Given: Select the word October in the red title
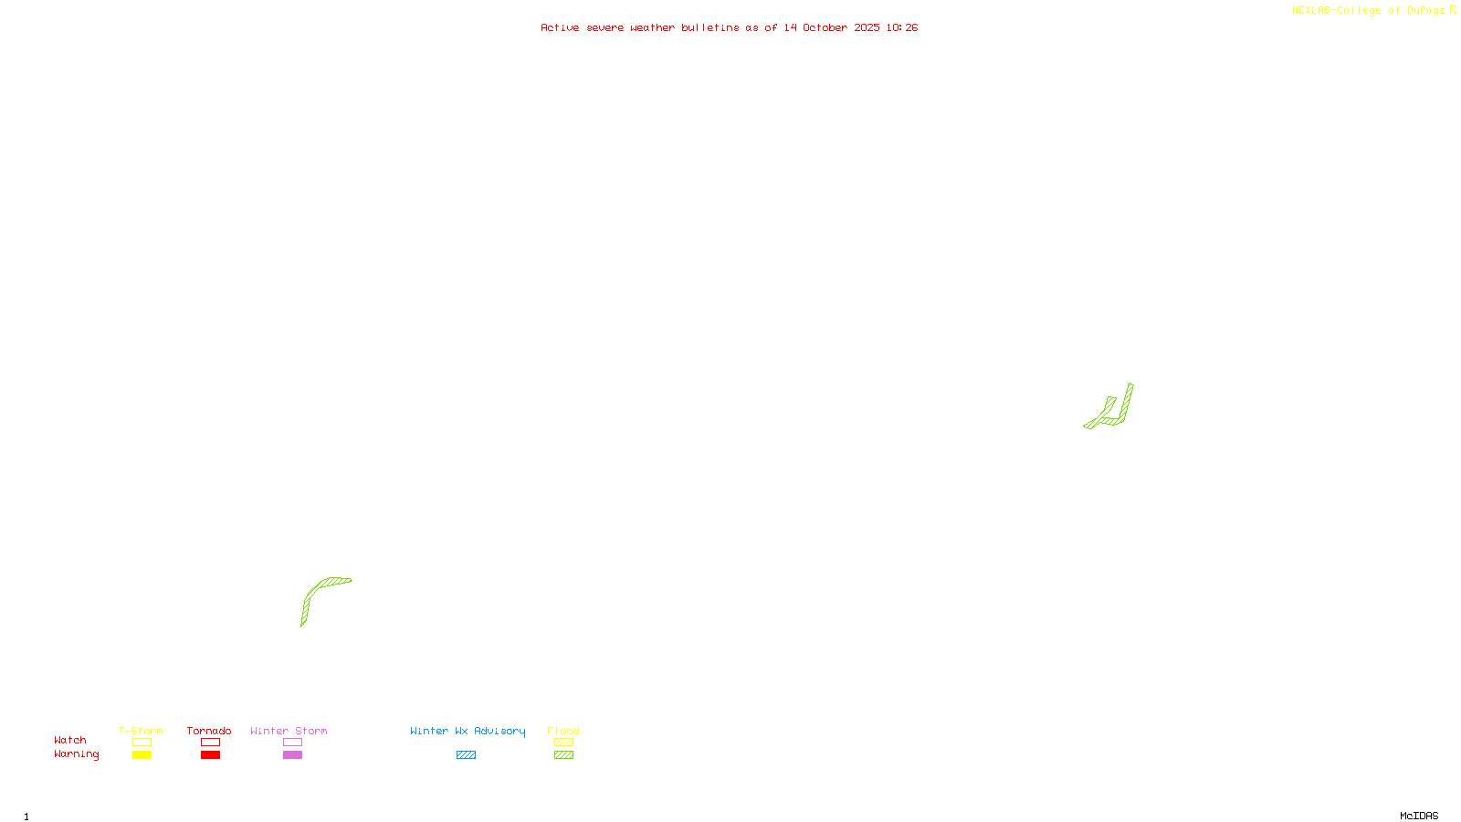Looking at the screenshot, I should (825, 28).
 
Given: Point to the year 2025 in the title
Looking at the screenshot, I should (867, 28).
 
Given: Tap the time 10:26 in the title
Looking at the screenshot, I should (901, 28).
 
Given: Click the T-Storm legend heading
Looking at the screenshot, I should (141, 731).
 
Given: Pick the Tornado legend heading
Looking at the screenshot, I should (209, 731).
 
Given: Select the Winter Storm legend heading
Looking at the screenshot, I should (289, 731).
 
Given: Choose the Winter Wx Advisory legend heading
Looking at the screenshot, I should (468, 731).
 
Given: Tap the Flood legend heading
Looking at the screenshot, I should (563, 731).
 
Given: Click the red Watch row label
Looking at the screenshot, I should (70, 741).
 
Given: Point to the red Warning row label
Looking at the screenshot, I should (76, 754).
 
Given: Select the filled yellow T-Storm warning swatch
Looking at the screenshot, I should (142, 755).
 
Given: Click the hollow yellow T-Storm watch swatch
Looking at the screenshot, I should (142, 743).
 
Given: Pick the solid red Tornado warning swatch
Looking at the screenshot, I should (211, 755).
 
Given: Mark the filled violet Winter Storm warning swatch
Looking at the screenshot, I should (292, 755).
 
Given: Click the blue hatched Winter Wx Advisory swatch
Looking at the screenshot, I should (466, 755).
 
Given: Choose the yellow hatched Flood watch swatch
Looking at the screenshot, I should (563, 743).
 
